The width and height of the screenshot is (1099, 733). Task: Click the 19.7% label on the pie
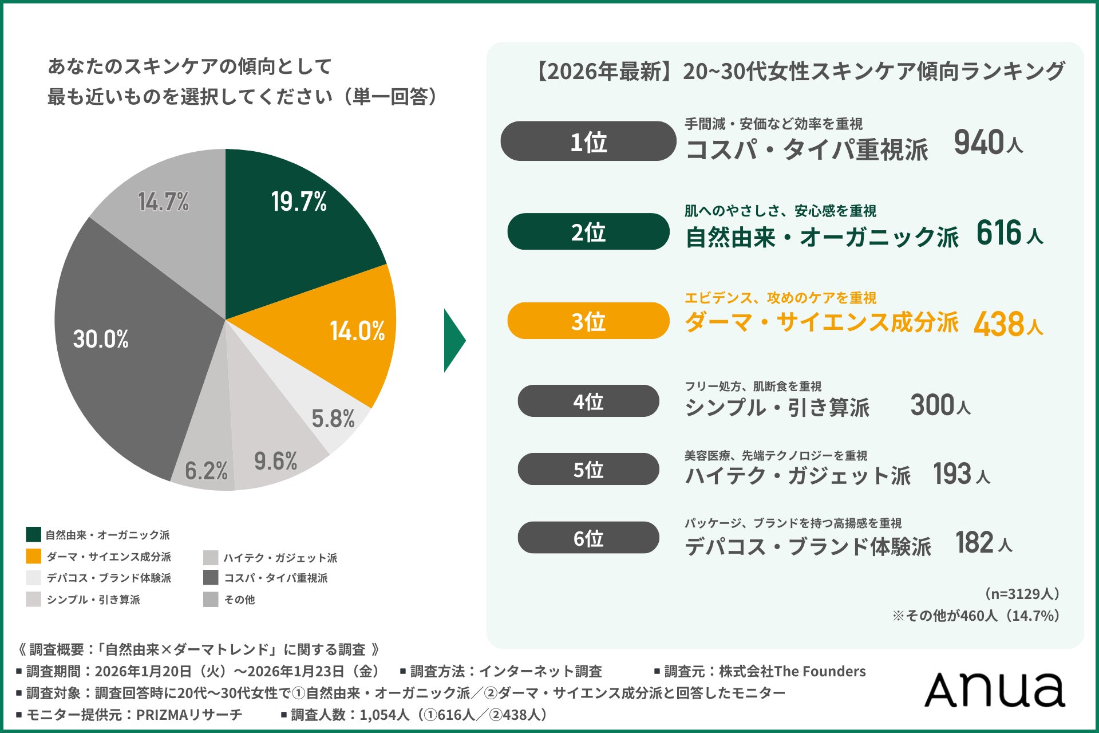pyautogui.click(x=299, y=202)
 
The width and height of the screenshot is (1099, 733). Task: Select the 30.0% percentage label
pyautogui.click(x=101, y=339)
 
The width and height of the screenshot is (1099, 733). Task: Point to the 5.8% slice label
pyautogui.click(x=333, y=419)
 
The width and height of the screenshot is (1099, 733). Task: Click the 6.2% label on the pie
pyautogui.click(x=206, y=471)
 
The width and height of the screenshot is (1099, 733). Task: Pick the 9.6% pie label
pyautogui.click(x=275, y=461)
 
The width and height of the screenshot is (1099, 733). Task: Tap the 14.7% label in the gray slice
pyautogui.click(x=163, y=202)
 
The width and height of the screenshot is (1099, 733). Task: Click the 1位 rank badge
pyautogui.click(x=588, y=141)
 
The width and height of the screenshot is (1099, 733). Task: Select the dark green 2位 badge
pyautogui.click(x=588, y=232)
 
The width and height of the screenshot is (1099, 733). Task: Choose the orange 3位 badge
pyautogui.click(x=588, y=321)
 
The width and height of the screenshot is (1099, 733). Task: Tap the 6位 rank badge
pyautogui.click(x=588, y=538)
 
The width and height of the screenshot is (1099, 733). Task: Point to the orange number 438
pyautogui.click(x=999, y=324)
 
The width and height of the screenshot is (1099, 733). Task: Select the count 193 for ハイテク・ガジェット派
pyautogui.click(x=952, y=474)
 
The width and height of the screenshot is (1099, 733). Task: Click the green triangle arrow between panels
pyautogui.click(x=453, y=341)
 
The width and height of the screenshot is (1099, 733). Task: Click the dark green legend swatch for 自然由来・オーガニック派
pyautogui.click(x=33, y=534)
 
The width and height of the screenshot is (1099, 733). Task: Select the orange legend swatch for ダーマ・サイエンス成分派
pyautogui.click(x=33, y=556)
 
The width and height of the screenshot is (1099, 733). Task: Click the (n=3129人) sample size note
pyautogui.click(x=1022, y=594)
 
